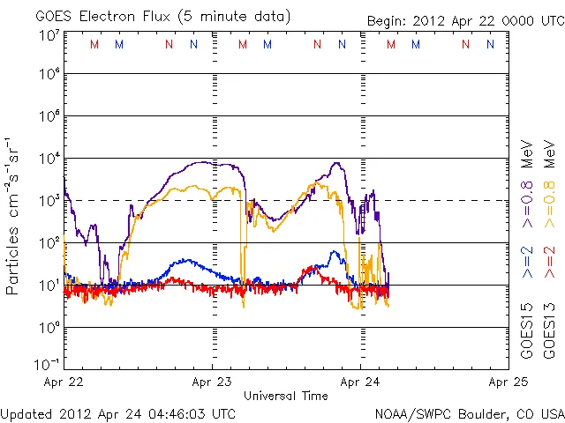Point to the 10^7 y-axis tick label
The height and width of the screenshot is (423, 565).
[x=49, y=35]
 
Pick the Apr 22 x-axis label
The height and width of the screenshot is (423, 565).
[x=64, y=382]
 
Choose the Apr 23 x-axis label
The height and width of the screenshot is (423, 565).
[x=212, y=382]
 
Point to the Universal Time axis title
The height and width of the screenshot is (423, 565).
[x=286, y=396]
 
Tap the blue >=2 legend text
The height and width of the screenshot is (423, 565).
[x=527, y=263]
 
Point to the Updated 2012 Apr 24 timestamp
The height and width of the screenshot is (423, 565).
[x=118, y=413]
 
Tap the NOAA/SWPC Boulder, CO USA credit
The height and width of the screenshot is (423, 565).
[x=469, y=413]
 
